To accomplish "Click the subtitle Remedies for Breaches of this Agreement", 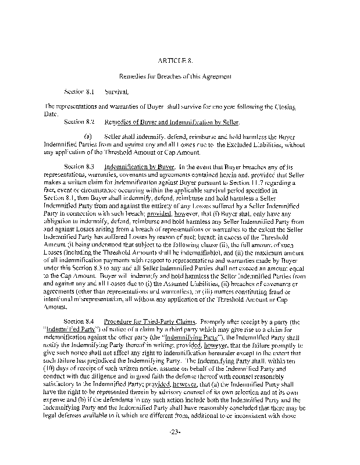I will (x=180, y=76).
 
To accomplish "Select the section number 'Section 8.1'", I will (x=79, y=92).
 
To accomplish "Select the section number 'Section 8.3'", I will (x=79, y=167).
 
